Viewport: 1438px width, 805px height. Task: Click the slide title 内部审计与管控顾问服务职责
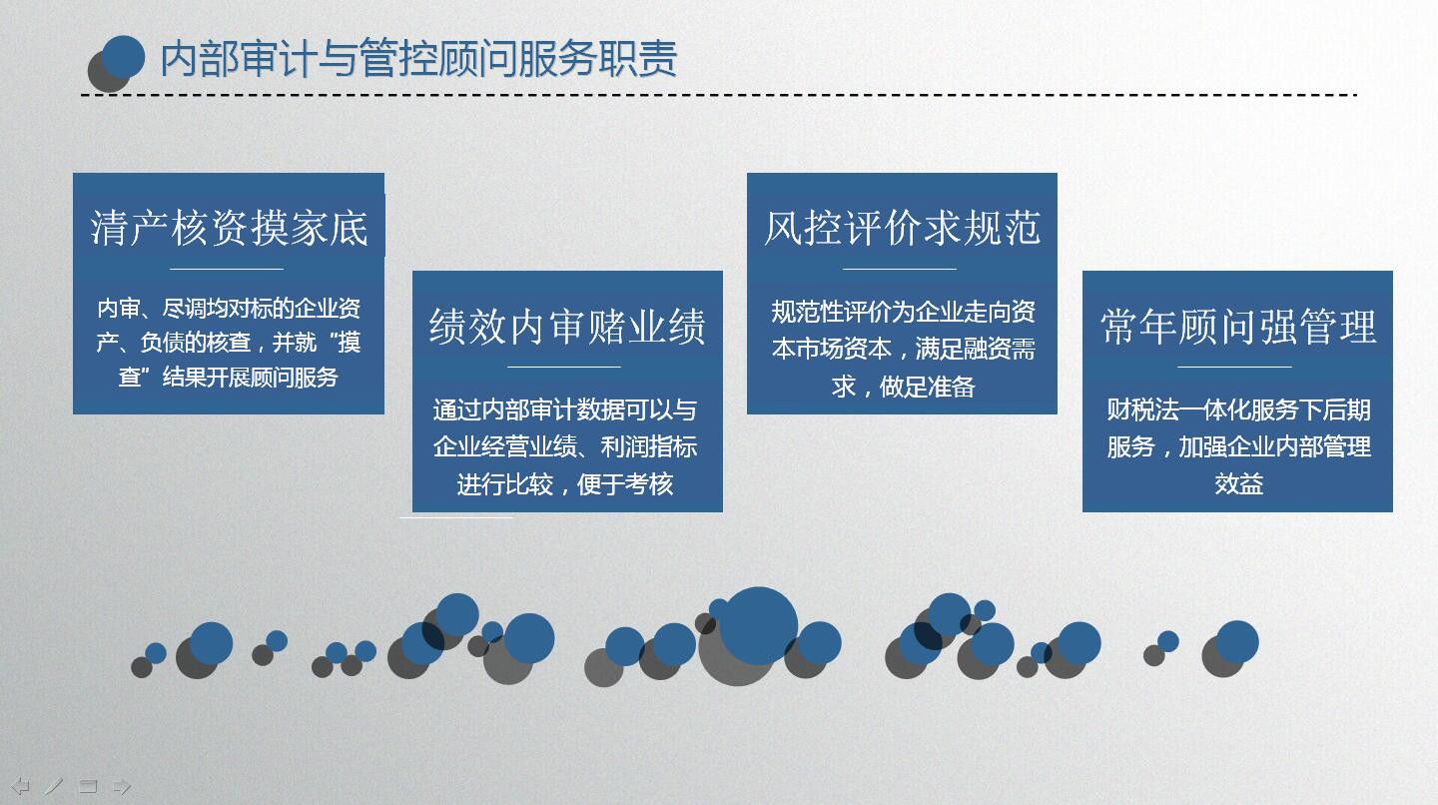click(418, 58)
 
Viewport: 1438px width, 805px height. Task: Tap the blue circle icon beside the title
click(123, 57)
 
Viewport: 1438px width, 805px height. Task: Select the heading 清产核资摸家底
click(229, 228)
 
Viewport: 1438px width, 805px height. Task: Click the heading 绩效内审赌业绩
click(567, 327)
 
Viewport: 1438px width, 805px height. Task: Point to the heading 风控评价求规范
click(902, 228)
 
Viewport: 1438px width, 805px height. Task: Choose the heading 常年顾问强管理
click(1238, 327)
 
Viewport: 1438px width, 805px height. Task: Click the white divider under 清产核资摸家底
click(227, 269)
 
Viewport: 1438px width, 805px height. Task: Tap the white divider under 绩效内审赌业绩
click(564, 368)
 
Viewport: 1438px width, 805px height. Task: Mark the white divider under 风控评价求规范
click(900, 269)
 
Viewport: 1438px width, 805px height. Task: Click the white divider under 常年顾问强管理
click(1234, 368)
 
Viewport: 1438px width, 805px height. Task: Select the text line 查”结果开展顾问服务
click(229, 377)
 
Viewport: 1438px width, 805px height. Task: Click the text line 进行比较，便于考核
click(565, 484)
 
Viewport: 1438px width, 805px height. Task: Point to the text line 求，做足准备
click(903, 387)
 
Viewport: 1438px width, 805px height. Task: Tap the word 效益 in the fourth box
click(1238, 483)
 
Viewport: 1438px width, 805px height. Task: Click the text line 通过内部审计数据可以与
click(565, 409)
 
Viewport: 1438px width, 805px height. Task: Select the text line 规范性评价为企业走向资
click(903, 312)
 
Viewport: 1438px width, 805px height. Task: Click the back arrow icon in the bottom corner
click(21, 786)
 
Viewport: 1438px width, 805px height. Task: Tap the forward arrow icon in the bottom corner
click(122, 786)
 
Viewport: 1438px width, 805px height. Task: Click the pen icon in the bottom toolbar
click(54, 786)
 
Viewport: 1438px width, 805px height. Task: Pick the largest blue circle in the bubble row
click(758, 626)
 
